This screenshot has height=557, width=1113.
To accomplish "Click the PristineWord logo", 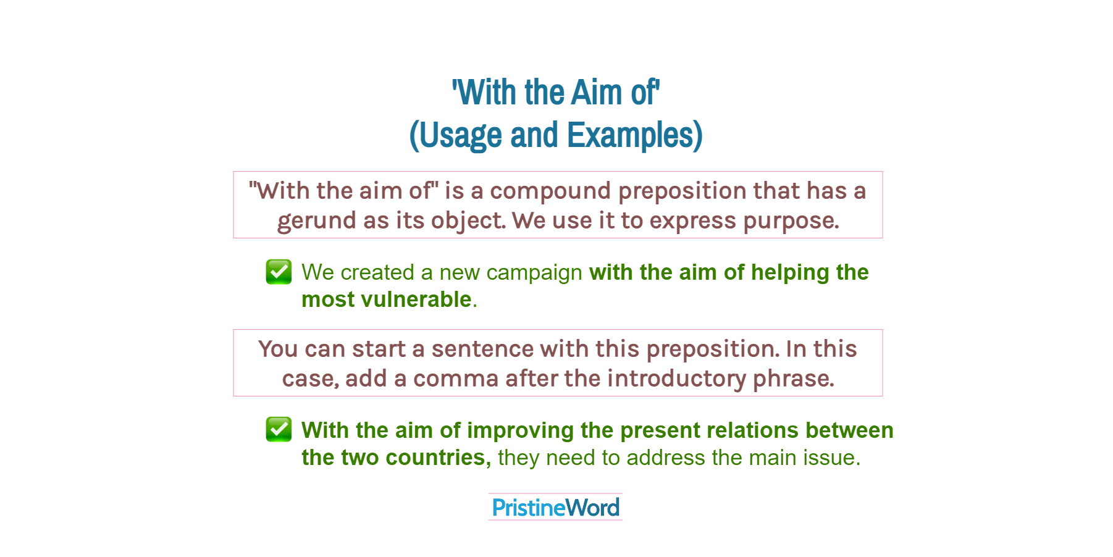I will pos(555,508).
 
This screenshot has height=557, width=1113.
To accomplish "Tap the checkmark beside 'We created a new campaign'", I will pos(279,272).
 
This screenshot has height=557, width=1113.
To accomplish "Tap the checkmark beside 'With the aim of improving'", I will pos(279,429).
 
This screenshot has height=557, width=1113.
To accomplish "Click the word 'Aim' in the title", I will pos(596,93).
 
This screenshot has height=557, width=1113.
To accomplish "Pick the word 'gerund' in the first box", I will pos(316,220).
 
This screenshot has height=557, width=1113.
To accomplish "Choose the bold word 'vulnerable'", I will pos(416,299).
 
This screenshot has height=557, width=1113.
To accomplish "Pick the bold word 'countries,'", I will pos(438,458).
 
